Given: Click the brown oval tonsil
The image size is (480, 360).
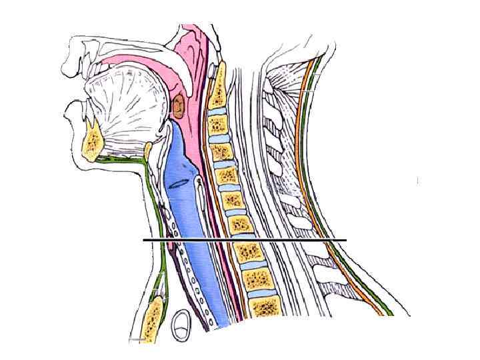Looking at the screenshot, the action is (x=179, y=105).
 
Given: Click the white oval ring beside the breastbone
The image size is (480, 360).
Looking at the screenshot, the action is (x=181, y=325).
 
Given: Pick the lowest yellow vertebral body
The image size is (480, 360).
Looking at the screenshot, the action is (x=267, y=306).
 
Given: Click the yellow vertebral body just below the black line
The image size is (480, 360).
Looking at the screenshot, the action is (x=248, y=253).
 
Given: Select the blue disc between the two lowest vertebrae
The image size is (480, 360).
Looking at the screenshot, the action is (x=261, y=291).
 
